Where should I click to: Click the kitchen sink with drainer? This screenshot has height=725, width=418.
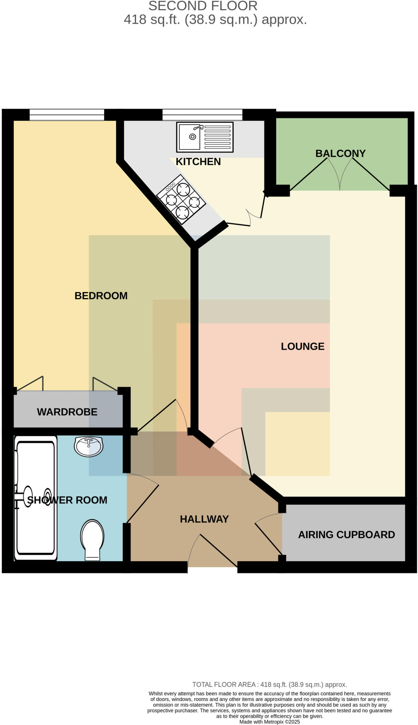205,137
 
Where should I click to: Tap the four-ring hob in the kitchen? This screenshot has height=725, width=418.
181,200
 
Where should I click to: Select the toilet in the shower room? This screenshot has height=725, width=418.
92,540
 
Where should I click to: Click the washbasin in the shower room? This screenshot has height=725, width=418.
88,446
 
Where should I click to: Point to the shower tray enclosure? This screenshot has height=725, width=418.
35,498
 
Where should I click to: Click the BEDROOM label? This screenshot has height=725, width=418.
101,296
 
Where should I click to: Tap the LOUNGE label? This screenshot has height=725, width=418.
302,346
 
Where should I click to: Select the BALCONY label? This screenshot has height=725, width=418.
340,153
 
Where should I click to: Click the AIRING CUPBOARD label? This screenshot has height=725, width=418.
346,534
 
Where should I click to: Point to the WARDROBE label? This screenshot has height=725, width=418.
67,412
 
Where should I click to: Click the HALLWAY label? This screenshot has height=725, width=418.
204,519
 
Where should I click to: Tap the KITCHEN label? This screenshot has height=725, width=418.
198,161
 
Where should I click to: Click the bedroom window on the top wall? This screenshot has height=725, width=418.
67,115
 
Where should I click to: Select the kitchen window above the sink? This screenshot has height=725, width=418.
202,115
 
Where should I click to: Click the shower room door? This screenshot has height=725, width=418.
142,503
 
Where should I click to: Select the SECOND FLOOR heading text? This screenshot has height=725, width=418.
203,6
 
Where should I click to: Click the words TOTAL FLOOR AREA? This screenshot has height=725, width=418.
223,684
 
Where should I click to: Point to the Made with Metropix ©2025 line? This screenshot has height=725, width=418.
269,721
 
